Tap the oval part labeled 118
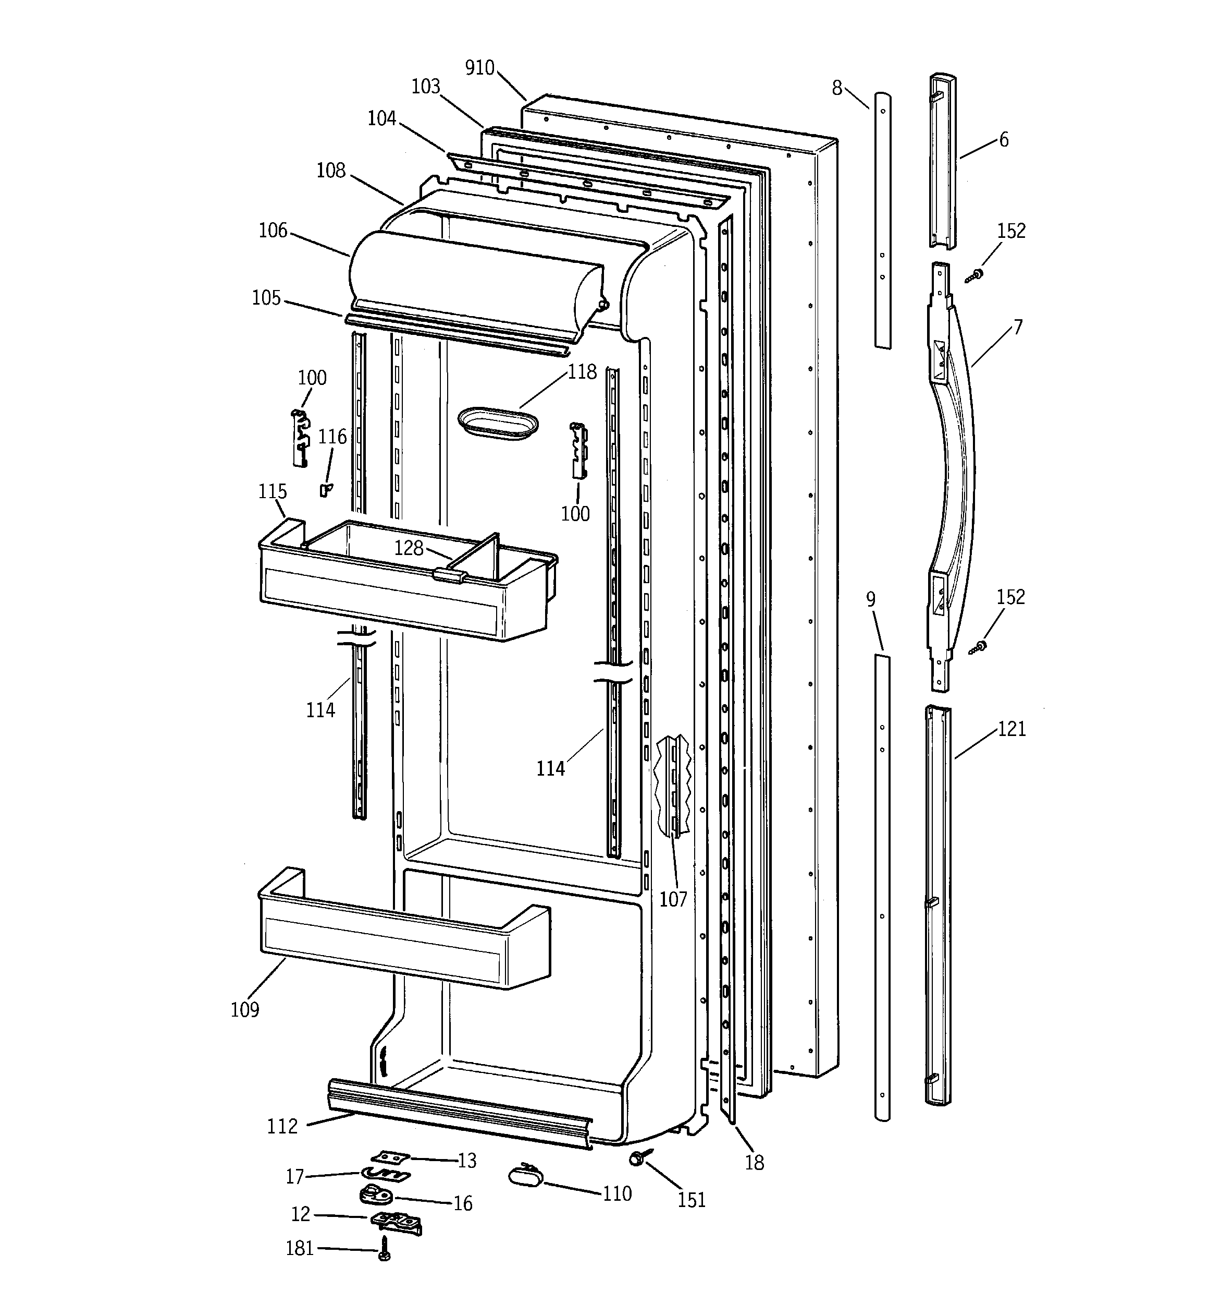[498, 424]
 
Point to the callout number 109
[244, 1009]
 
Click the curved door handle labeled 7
[957, 454]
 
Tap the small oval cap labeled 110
[525, 1175]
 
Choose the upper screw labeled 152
[973, 276]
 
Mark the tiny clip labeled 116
[325, 489]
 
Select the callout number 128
[409, 548]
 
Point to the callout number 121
[1011, 729]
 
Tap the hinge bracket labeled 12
[396, 1222]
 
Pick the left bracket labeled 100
[300, 438]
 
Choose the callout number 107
[673, 899]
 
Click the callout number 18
[754, 1162]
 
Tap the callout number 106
[273, 231]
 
